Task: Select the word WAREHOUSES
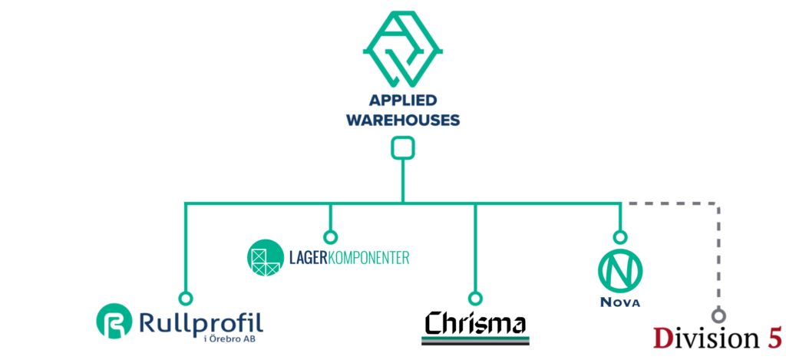[403, 120]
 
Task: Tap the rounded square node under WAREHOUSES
[403, 147]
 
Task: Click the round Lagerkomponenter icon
[265, 256]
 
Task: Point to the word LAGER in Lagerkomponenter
[307, 256]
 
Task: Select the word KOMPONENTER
[368, 256]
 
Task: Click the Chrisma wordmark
[476, 322]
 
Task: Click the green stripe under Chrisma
[476, 338]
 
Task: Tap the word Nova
[620, 302]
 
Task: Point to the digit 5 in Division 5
[772, 338]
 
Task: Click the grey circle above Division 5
[718, 315]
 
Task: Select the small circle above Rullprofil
[185, 298]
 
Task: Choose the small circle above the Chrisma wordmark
[475, 298]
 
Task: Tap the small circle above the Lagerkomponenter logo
[330, 237]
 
